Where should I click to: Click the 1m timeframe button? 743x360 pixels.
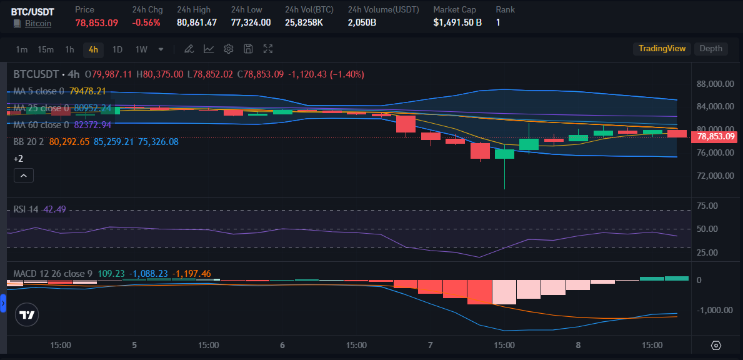pyautogui.click(x=21, y=49)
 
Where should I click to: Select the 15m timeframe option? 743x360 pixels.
pyautogui.click(x=45, y=49)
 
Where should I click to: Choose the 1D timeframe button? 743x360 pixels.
pyautogui.click(x=117, y=49)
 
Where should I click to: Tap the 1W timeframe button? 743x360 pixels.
pyautogui.click(x=141, y=49)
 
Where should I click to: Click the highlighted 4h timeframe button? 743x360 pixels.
pyautogui.click(x=93, y=49)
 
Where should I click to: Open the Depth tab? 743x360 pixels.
pyautogui.click(x=711, y=49)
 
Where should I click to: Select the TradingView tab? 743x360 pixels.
pyautogui.click(x=662, y=49)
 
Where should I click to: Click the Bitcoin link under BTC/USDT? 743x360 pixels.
pyautogui.click(x=37, y=23)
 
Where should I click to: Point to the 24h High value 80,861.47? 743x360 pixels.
pyautogui.click(x=197, y=22)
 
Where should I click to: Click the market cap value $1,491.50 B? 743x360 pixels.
pyautogui.click(x=457, y=22)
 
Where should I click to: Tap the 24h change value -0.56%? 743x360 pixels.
pyautogui.click(x=146, y=22)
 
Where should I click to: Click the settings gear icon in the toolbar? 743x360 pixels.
pyautogui.click(x=229, y=49)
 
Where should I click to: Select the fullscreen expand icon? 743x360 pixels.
pyautogui.click(x=268, y=49)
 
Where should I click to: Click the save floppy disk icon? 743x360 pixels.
pyautogui.click(x=248, y=49)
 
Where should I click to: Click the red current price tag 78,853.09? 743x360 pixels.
pyautogui.click(x=716, y=136)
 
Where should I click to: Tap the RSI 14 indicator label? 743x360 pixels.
pyautogui.click(x=26, y=209)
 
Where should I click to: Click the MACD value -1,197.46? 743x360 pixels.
pyautogui.click(x=192, y=274)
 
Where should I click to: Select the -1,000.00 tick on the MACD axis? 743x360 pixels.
pyautogui.click(x=715, y=310)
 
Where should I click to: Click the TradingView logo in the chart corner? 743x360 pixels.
pyautogui.click(x=27, y=316)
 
